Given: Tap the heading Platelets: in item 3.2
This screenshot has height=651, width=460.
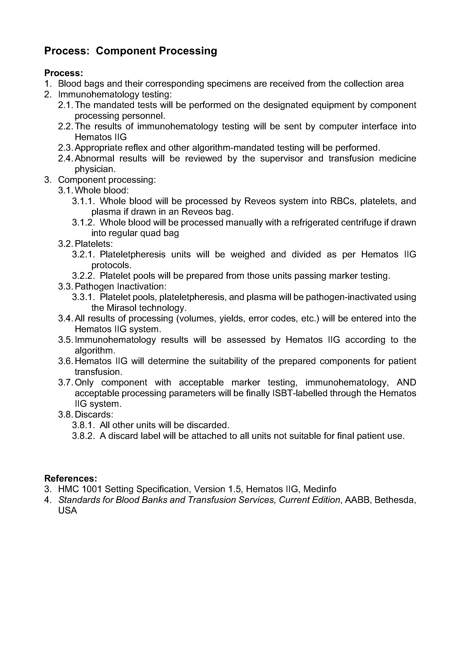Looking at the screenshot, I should click(94, 243).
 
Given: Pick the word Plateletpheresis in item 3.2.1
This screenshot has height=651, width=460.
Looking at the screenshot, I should click(132, 254).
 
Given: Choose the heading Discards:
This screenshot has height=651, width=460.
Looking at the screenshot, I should click(94, 415).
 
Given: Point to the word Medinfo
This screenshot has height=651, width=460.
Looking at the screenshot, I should click(319, 489).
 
